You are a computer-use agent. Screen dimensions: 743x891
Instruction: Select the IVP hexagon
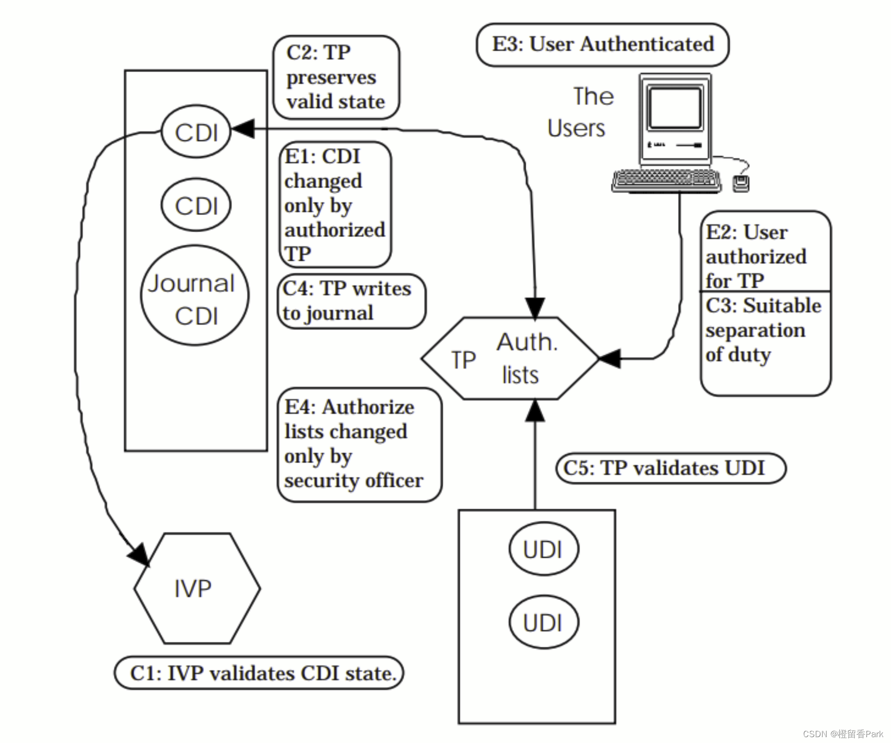coord(197,588)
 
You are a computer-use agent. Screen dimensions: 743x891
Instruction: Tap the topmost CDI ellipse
coord(196,131)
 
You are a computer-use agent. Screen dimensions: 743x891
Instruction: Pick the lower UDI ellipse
coord(543,622)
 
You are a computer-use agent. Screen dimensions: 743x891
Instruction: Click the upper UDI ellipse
coord(543,549)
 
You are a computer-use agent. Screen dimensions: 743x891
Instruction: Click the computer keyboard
coord(666,180)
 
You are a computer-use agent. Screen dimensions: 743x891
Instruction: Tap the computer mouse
coord(741,183)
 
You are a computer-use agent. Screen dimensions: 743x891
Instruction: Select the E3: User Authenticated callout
coord(602,44)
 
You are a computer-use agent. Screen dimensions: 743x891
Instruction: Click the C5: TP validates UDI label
coord(671,468)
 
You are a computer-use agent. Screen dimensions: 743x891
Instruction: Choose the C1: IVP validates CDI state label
coord(259,673)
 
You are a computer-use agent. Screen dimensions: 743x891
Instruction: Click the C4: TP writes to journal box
coord(351,301)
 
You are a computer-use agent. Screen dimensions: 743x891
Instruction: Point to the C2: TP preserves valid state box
coord(336,77)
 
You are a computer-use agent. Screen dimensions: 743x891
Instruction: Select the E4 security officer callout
coord(359,445)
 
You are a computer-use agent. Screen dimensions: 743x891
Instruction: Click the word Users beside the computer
coord(576,128)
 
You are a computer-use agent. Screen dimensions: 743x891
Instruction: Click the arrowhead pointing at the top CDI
coord(243,129)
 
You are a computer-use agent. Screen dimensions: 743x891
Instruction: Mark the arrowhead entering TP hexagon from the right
coord(610,359)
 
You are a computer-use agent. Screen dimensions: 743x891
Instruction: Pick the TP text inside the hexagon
coord(463,361)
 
